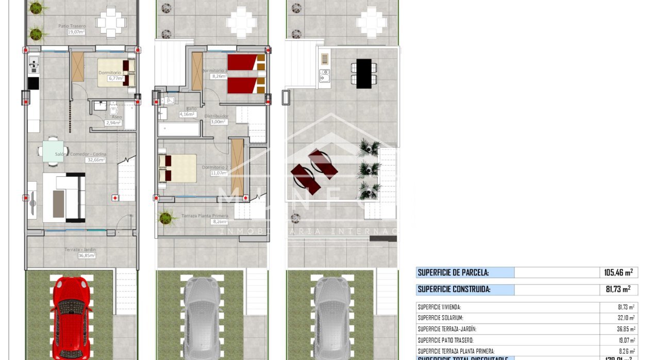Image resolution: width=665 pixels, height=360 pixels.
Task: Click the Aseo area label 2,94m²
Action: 113,123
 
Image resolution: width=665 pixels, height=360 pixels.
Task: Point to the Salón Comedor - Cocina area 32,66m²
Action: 95,160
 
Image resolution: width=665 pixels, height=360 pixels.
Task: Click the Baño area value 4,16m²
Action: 187,114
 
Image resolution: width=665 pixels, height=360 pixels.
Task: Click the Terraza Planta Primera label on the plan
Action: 205,216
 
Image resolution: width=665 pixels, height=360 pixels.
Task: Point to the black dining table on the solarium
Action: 364,73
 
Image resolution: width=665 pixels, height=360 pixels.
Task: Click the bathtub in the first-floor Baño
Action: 179,129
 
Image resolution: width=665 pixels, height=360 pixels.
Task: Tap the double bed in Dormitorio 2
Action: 177,168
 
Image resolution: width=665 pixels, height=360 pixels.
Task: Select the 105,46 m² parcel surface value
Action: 619,273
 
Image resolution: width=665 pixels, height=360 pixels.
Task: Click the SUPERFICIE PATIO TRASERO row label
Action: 445,340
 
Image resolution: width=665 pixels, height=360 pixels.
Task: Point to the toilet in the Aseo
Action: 114,108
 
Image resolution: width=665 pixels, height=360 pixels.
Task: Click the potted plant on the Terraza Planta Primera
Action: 165,218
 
